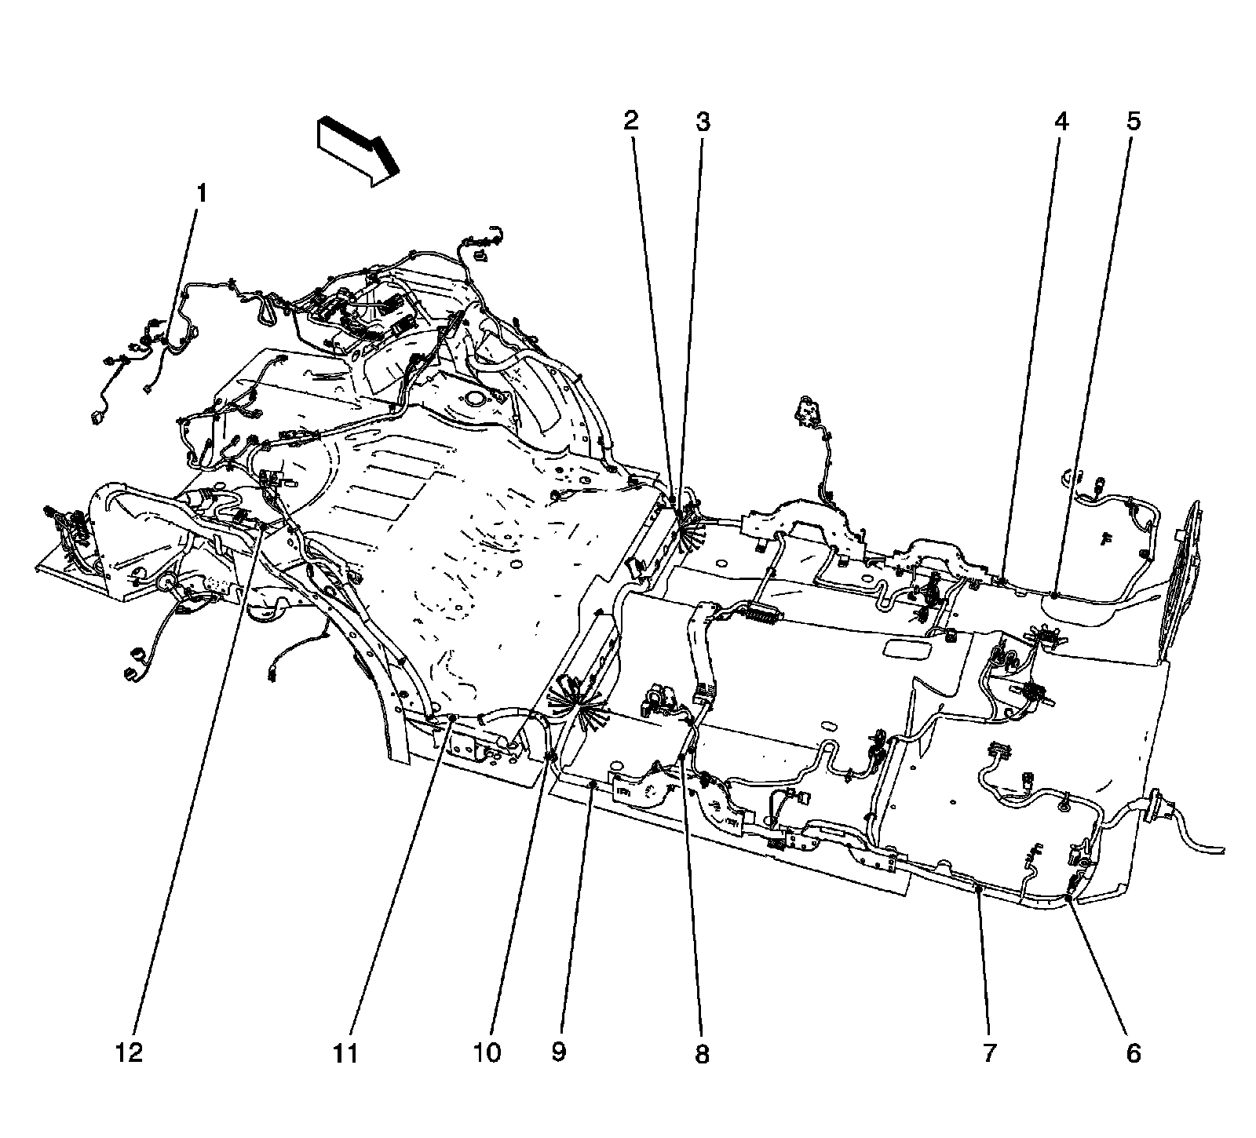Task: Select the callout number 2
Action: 631,122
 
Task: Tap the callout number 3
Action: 703,122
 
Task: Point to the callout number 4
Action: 1061,122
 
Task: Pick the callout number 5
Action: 1134,122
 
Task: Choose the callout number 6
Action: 1134,1053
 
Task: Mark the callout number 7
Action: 989,1053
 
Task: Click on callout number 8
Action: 702,1053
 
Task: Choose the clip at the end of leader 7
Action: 978,887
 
